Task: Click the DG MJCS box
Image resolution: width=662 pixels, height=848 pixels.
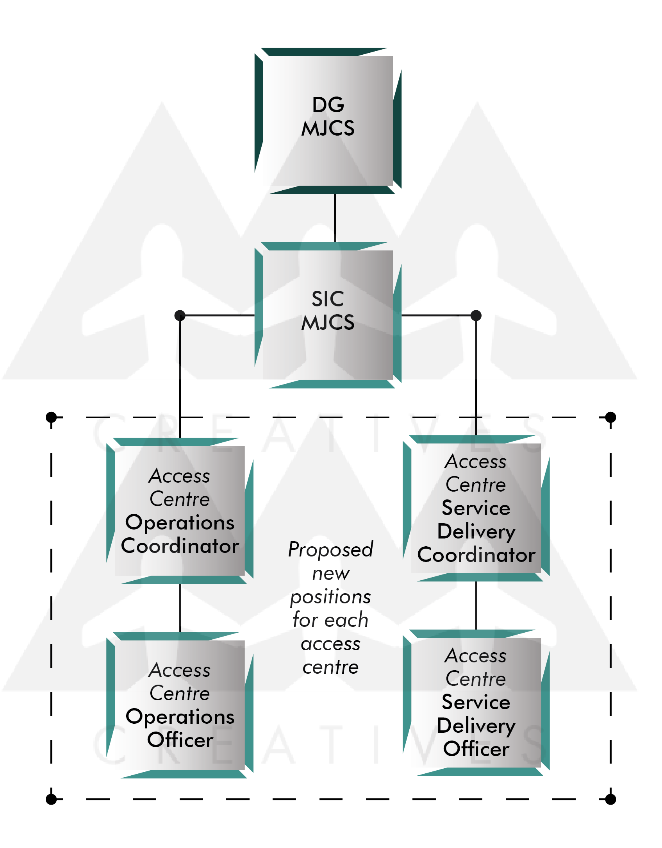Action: (328, 121)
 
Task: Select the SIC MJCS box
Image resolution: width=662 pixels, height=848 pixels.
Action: (328, 315)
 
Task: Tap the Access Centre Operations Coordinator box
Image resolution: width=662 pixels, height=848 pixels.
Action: (180, 511)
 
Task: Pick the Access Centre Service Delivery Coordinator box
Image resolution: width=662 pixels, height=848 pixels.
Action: (476, 508)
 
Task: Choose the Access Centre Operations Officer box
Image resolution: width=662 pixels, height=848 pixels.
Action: (180, 705)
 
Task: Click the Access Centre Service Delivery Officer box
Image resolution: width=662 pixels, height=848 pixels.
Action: (476, 702)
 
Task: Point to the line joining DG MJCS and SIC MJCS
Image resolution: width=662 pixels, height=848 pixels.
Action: (335, 218)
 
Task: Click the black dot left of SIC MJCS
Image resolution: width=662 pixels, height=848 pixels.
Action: (180, 315)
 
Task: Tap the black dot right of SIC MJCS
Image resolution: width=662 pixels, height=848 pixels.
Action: (476, 315)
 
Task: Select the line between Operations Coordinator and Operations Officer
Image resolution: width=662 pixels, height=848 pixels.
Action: (180, 608)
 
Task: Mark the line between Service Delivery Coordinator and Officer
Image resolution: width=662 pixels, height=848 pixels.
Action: (476, 605)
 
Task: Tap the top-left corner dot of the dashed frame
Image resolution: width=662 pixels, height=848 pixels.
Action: (51, 417)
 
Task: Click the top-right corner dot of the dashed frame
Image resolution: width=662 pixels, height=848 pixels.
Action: (610, 417)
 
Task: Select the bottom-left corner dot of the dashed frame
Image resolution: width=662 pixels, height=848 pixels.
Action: (51, 799)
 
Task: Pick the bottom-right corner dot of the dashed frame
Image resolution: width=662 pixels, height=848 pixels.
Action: (610, 799)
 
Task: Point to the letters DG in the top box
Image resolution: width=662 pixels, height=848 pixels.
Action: (328, 105)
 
